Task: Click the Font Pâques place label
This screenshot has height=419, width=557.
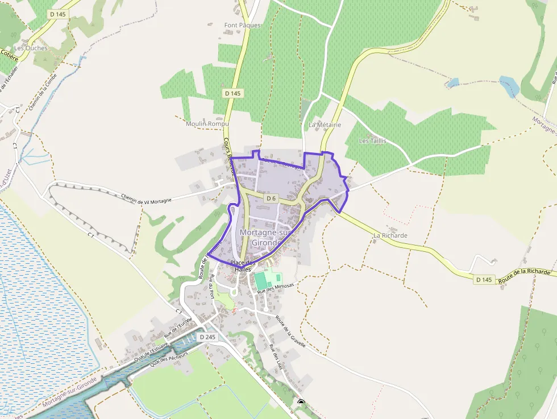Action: [x=243, y=26]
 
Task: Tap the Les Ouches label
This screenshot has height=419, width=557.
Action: [x=31, y=48]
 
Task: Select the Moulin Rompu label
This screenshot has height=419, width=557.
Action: [x=207, y=123]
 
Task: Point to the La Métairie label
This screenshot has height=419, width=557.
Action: [x=325, y=124]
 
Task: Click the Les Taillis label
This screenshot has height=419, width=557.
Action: [x=373, y=140]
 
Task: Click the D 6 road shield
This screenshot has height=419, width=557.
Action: [x=271, y=198]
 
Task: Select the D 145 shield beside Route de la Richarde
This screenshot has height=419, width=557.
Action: [x=484, y=279]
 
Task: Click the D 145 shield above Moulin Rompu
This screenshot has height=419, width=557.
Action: [x=232, y=93]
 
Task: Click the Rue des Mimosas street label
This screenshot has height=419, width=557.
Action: [x=276, y=288]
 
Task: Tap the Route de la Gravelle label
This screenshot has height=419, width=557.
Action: [x=290, y=331]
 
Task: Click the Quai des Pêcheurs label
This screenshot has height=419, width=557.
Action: [x=169, y=358]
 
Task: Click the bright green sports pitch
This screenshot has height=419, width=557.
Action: [x=261, y=280]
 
